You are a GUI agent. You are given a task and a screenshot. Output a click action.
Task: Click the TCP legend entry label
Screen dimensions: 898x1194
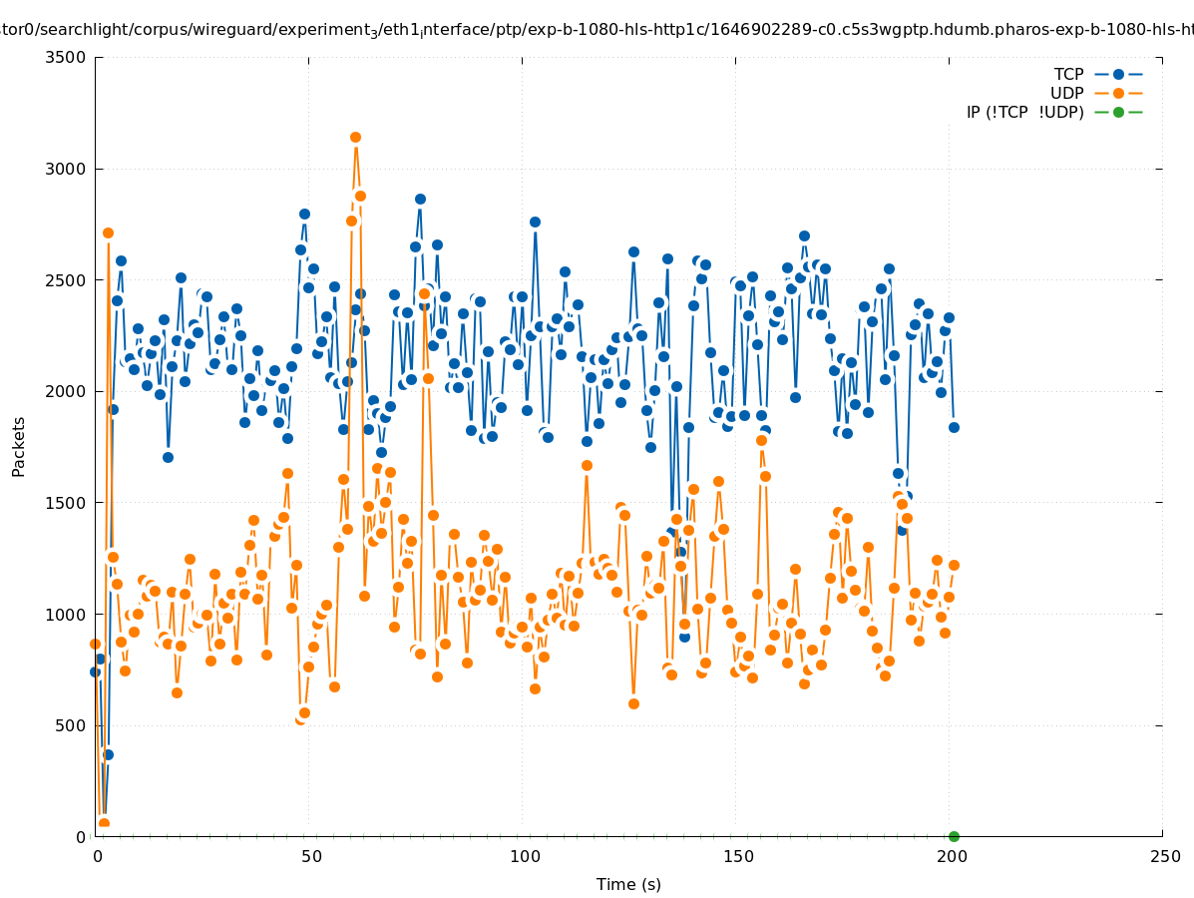tap(1068, 74)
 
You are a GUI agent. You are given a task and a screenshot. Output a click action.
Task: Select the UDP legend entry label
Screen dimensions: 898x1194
tap(1067, 93)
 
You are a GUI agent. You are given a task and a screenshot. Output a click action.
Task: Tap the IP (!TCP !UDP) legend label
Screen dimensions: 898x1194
tap(1024, 112)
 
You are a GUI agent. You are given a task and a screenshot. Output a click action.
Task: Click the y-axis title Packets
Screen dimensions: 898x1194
tap(19, 446)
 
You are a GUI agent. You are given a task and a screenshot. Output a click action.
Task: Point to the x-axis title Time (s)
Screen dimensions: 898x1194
tap(628, 884)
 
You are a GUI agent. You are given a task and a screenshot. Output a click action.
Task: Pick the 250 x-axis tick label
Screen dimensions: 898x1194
tap(1163, 856)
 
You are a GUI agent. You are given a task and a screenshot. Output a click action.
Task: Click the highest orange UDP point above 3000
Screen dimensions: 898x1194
tap(355, 137)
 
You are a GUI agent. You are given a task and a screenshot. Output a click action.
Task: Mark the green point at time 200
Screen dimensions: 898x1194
tap(954, 836)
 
